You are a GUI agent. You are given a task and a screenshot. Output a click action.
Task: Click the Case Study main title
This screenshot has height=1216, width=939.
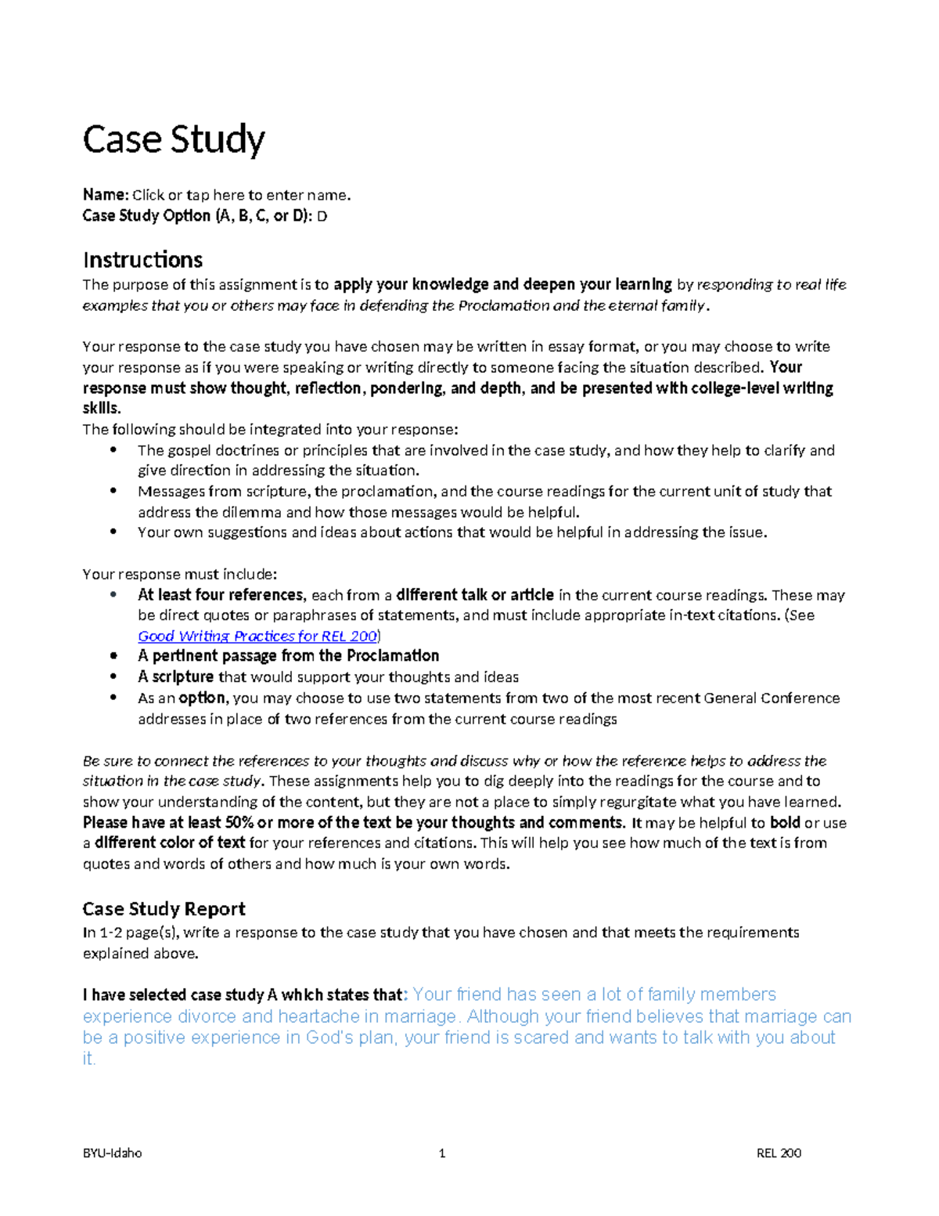click(174, 140)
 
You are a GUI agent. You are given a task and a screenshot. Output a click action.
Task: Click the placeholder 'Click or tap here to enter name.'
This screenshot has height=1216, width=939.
click(242, 195)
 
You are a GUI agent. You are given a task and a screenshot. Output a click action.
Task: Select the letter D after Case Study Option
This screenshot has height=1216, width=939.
click(322, 216)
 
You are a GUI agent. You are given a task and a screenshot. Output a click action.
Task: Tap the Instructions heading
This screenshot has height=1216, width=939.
click(142, 259)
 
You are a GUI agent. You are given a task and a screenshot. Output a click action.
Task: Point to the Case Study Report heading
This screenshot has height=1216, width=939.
click(164, 908)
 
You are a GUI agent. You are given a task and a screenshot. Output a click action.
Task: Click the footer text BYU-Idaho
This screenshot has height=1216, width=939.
click(112, 1153)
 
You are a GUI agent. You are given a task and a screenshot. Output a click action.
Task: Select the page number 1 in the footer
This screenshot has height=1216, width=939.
click(442, 1153)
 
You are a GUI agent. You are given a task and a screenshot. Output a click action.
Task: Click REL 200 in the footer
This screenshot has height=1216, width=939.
click(779, 1153)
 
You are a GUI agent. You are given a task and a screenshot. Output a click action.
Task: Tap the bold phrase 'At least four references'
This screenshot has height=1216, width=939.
click(220, 595)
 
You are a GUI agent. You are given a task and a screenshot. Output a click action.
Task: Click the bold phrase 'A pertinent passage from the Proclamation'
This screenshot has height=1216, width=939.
click(288, 655)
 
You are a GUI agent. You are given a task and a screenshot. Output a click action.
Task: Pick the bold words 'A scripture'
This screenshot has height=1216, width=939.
click(175, 677)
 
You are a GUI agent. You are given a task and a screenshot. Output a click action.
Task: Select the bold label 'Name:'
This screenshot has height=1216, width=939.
click(105, 195)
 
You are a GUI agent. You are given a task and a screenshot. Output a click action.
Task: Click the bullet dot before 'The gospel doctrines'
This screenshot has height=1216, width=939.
click(114, 449)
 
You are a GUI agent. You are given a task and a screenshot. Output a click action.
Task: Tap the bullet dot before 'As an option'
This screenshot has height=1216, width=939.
click(114, 697)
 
